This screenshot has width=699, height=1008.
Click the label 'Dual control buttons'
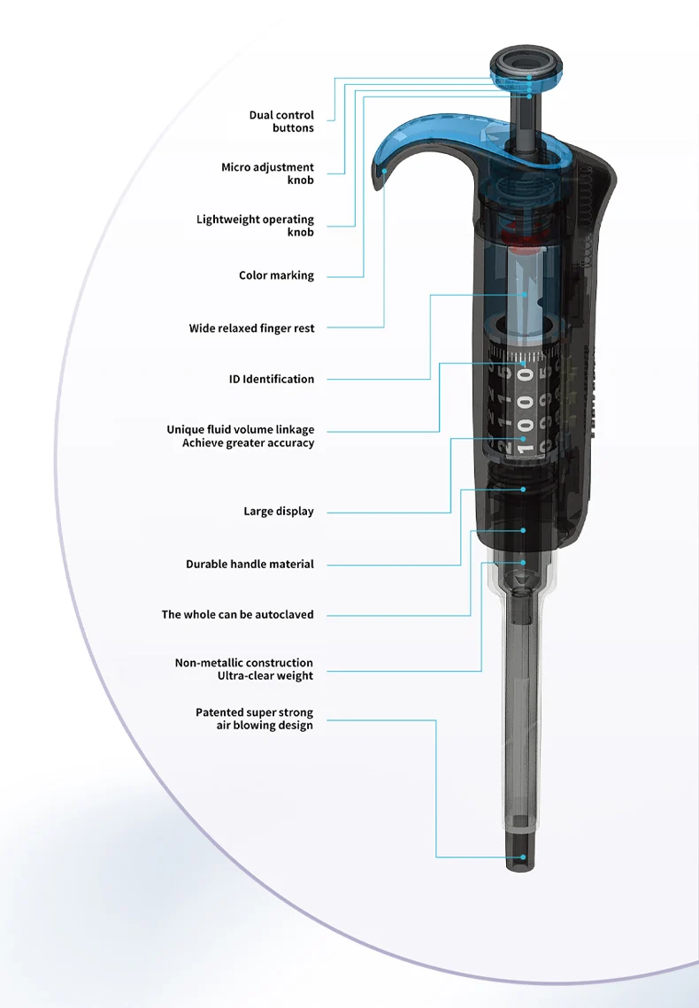point(281,121)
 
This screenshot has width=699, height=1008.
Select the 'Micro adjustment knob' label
point(268,173)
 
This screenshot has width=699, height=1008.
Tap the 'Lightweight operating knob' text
point(256,226)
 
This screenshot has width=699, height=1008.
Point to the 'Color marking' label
point(276,275)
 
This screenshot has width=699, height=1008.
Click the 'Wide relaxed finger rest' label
point(251,328)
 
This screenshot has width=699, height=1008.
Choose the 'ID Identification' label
point(272,379)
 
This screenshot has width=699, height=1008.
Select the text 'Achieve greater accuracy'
point(248,443)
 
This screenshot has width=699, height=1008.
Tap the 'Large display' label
point(279,512)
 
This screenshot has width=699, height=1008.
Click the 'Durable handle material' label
point(250,564)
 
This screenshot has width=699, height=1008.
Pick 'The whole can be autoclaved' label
point(237,614)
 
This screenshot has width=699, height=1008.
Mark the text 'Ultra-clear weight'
point(265,676)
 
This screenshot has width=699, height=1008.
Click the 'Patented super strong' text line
point(254,712)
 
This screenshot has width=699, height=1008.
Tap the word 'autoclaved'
point(284,614)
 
